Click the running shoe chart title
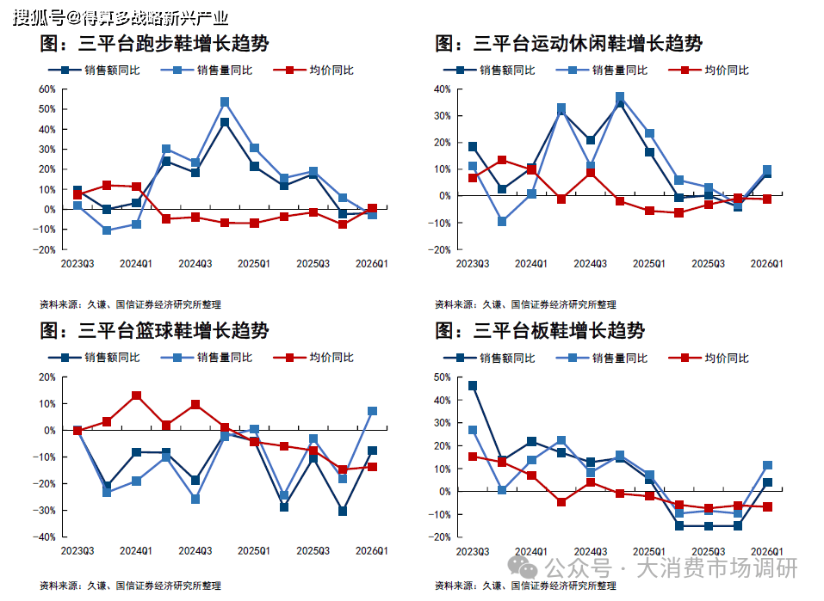pyautogui.click(x=154, y=43)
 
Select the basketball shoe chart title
pyautogui.click(x=154, y=331)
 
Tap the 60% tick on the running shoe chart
pyautogui.click(x=47, y=89)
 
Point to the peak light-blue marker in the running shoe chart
pyautogui.click(x=225, y=101)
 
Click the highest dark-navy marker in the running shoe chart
pyautogui.click(x=225, y=122)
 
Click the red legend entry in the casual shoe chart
pyautogui.click(x=709, y=70)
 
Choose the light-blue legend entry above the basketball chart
pyautogui.click(x=207, y=358)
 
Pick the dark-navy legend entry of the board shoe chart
pyautogui.click(x=489, y=358)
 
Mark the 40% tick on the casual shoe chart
pyautogui.click(x=443, y=89)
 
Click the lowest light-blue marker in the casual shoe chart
pyautogui.click(x=502, y=222)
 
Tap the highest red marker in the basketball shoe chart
pyautogui.click(x=137, y=396)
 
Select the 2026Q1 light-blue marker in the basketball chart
pyautogui.click(x=372, y=411)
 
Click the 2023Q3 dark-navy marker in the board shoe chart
pyautogui.click(x=473, y=386)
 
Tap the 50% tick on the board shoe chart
pyautogui.click(x=443, y=377)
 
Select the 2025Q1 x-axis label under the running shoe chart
pyautogui.click(x=254, y=263)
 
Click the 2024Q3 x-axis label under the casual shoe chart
pyautogui.click(x=590, y=263)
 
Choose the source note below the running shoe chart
pyautogui.click(x=130, y=304)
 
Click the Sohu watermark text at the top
pyautogui.click(x=121, y=18)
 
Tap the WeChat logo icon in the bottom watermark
pyautogui.click(x=522, y=567)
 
